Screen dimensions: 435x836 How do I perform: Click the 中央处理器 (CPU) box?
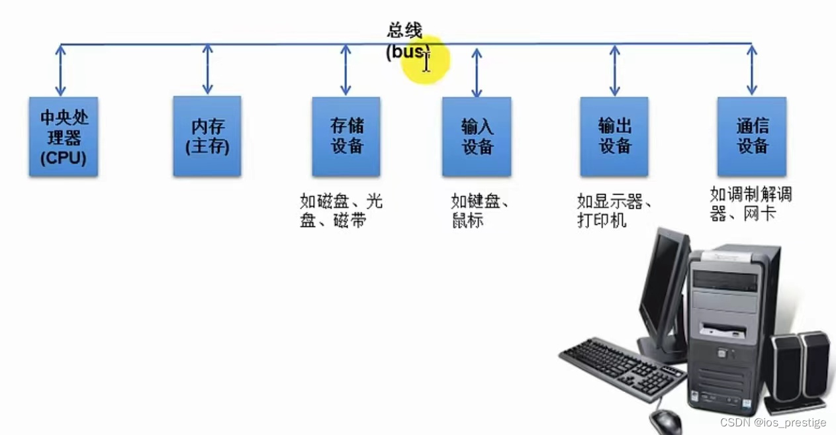(64, 137)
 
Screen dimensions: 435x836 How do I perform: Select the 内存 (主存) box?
(207, 136)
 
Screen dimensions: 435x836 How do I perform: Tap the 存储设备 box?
(346, 136)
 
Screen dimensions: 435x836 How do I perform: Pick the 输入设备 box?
(477, 137)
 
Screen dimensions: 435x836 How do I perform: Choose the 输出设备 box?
(614, 136)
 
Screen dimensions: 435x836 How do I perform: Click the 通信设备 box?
(752, 136)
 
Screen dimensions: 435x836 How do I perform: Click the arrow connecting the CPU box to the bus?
(61, 70)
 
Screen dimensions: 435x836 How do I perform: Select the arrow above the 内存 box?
(208, 69)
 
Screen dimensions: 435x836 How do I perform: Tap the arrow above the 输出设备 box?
(615, 70)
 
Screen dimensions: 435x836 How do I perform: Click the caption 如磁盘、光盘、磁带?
(341, 211)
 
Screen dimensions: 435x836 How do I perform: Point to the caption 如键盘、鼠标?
(479, 211)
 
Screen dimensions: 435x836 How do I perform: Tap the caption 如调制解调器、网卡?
(751, 203)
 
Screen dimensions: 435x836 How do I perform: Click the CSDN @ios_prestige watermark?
(773, 422)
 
